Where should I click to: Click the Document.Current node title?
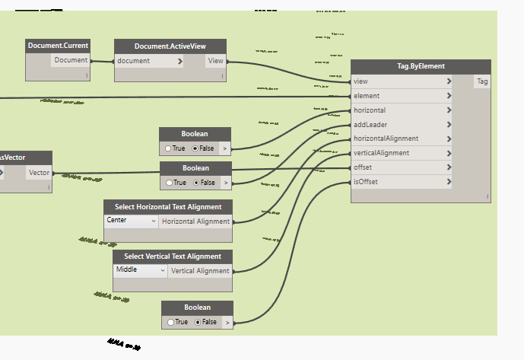click(x=59, y=46)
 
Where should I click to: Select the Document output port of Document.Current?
click(x=71, y=60)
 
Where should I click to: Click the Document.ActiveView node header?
click(x=170, y=46)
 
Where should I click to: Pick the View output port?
click(x=216, y=61)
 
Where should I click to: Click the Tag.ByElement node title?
click(x=421, y=66)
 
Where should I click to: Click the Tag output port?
click(x=482, y=81)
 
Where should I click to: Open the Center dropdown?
click(x=132, y=221)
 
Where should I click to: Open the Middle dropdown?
click(x=141, y=270)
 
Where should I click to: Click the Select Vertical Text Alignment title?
click(x=173, y=256)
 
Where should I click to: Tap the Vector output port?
click(x=39, y=173)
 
